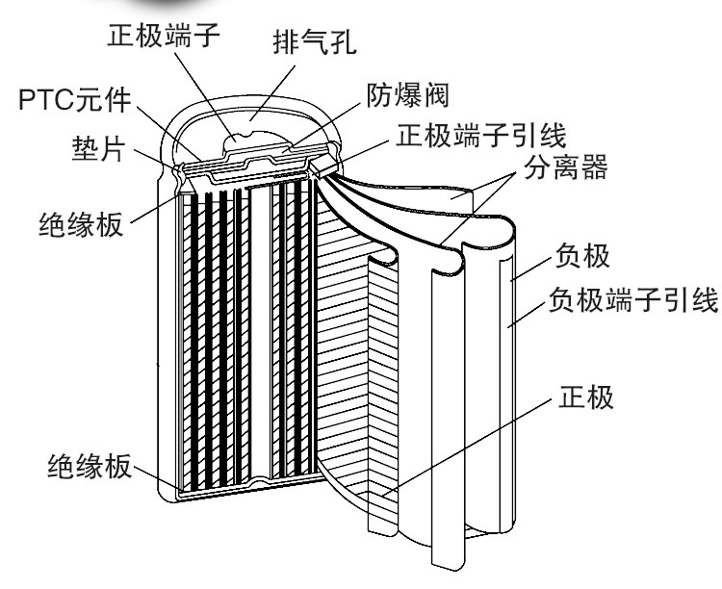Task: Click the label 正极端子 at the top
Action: pyautogui.click(x=164, y=34)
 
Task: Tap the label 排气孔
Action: pyautogui.click(x=315, y=43)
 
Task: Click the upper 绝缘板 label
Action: pyautogui.click(x=81, y=223)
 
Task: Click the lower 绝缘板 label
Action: pyautogui.click(x=90, y=466)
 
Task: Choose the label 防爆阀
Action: pyautogui.click(x=407, y=95)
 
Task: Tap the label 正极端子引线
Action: pyautogui.click(x=480, y=135)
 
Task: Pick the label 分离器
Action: pyautogui.click(x=565, y=166)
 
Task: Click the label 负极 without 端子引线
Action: pyautogui.click(x=582, y=255)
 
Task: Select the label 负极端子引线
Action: pyautogui.click(x=633, y=299)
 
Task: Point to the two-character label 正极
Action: pyautogui.click(x=585, y=397)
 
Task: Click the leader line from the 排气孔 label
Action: pyautogui.click(x=273, y=92)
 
